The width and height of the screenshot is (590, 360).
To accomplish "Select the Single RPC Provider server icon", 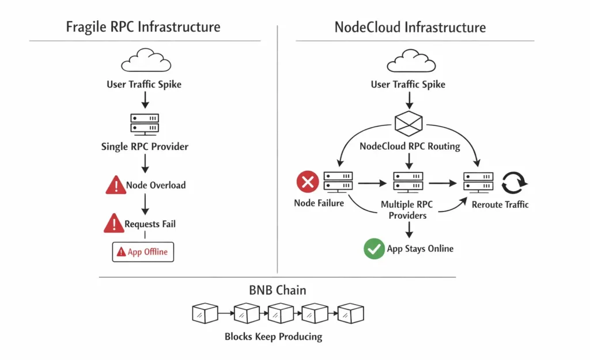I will pos(145,123).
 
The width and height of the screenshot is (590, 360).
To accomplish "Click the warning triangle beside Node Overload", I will pos(116,185).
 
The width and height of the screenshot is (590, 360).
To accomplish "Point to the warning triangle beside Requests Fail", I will pos(114,223).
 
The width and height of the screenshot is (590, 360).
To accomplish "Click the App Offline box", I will pos(143,252).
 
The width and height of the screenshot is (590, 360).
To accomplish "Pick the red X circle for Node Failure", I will pos(308,183).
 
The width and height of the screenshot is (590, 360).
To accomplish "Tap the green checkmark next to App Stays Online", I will pos(374,249).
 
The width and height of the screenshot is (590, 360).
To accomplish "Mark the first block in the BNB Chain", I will pos(205,313).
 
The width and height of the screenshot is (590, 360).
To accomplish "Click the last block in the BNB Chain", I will pos(350,313).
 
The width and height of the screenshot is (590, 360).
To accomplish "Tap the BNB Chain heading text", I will pos(278,290).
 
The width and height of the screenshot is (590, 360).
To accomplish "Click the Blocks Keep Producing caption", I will pos(273,336).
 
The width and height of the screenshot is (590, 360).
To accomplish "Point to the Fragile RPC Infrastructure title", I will pos(143,26).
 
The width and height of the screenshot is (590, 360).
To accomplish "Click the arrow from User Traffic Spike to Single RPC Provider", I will pos(145,99).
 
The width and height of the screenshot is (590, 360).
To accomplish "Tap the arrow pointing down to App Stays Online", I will pos(409,230).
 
